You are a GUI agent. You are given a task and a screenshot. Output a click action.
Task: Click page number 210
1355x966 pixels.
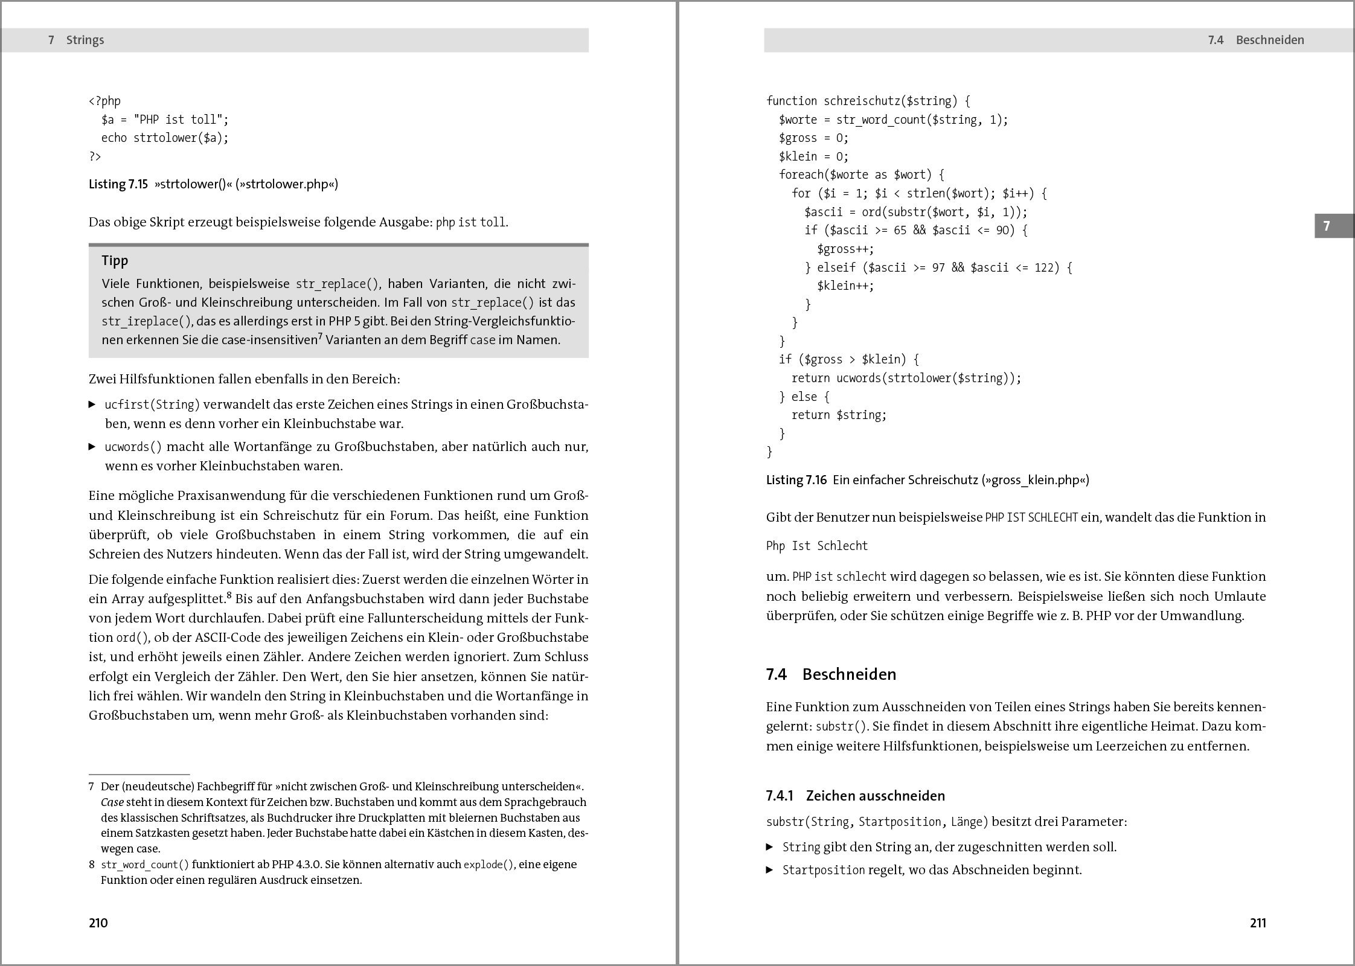98,923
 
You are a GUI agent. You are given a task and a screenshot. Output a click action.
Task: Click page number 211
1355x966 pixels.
1258,923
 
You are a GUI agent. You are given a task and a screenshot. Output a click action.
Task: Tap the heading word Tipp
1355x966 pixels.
115,261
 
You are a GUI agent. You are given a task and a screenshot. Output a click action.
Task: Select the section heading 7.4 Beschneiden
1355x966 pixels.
831,674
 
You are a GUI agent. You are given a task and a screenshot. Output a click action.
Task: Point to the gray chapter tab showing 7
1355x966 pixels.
1334,226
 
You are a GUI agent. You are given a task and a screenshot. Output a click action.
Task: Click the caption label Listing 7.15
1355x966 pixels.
118,184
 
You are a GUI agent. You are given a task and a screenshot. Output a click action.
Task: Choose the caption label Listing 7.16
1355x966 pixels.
796,480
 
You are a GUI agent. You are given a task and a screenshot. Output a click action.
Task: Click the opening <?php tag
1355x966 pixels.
104,101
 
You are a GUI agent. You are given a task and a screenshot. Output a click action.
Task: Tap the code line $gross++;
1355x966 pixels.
845,249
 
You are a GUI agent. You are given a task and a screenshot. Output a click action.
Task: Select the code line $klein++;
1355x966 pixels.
845,286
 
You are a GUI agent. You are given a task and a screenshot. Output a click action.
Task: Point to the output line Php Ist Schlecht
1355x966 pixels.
817,546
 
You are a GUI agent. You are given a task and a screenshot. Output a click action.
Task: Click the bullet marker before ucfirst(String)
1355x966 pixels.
92,404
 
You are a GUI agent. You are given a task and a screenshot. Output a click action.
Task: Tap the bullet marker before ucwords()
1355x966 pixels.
92,447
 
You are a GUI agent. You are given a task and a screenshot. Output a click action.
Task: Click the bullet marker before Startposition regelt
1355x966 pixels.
770,870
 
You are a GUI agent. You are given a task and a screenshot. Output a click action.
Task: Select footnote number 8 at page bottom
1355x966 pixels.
92,865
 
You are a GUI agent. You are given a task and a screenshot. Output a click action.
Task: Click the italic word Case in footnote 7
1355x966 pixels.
112,802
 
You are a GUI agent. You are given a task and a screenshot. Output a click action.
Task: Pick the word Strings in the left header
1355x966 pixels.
85,40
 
